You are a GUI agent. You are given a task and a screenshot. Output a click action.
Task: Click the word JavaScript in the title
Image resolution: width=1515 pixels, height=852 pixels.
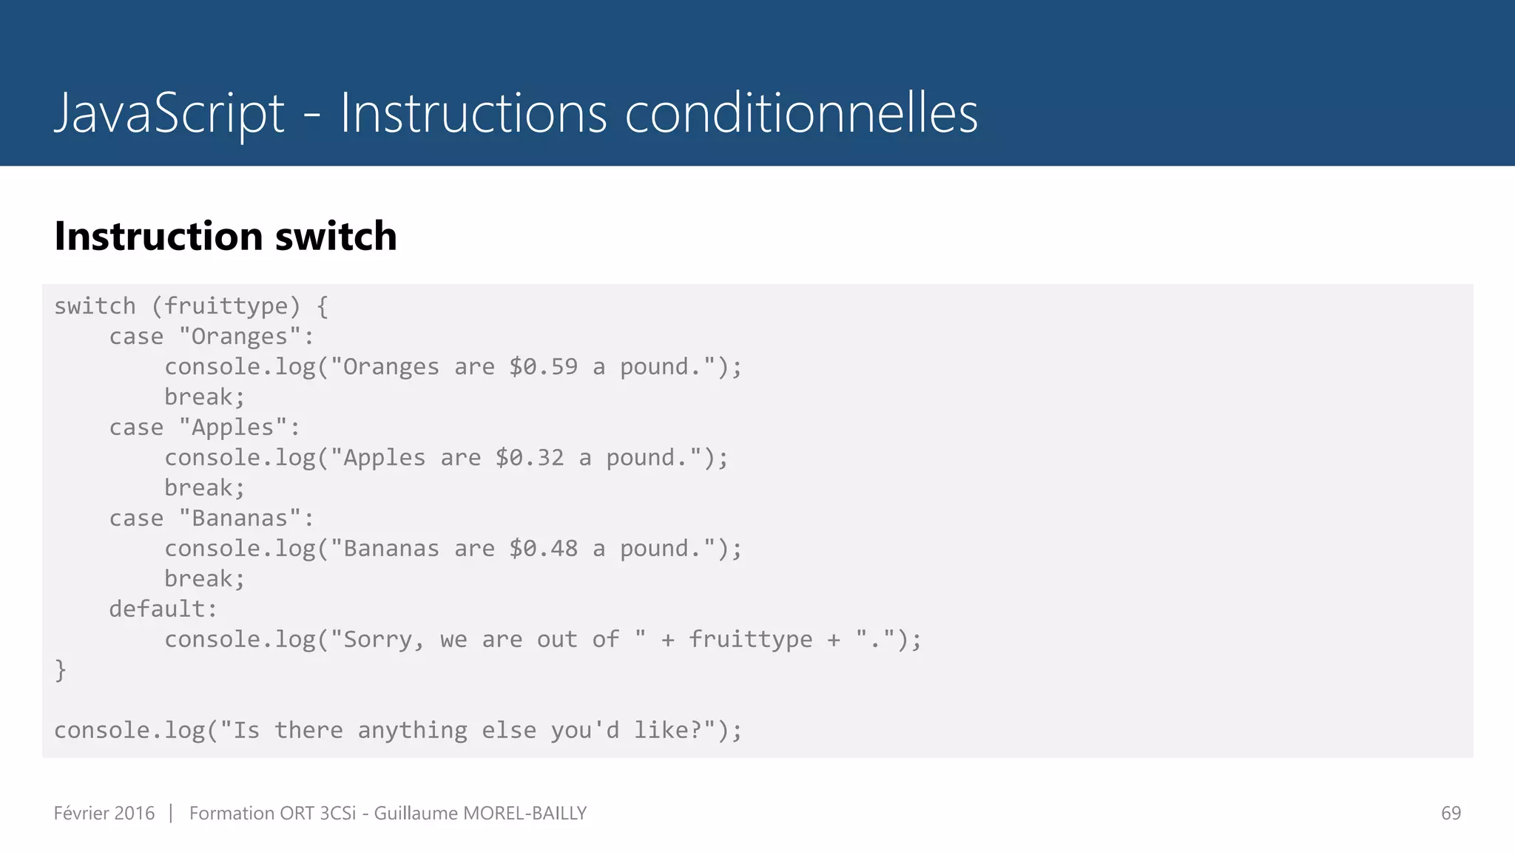(169, 114)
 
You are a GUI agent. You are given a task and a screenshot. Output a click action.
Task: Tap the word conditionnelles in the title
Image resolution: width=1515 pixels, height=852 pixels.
(801, 114)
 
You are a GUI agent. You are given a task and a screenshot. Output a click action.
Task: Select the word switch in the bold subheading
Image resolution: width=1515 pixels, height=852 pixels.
(336, 237)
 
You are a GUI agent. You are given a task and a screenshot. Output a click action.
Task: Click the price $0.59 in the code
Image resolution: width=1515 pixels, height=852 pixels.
(543, 367)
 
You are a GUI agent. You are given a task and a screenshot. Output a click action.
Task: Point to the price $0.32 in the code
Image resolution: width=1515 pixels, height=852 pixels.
(529, 458)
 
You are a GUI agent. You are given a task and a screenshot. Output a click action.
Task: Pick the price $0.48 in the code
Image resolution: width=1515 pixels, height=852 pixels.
(543, 549)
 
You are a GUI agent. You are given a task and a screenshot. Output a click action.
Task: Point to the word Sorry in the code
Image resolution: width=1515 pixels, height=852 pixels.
(377, 640)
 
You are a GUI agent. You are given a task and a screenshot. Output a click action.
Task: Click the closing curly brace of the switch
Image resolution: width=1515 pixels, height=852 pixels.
(61, 670)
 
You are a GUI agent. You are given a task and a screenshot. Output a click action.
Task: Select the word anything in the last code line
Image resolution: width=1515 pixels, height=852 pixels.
(412, 731)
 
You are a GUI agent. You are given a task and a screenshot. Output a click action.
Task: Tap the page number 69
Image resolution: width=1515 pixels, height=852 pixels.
(1451, 814)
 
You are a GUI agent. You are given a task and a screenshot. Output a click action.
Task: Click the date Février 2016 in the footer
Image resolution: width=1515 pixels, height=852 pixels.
(104, 814)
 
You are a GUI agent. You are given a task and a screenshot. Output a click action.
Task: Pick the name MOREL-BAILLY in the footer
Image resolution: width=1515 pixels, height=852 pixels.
(524, 814)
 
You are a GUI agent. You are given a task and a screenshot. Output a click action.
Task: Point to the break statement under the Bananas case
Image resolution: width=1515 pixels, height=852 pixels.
(204, 579)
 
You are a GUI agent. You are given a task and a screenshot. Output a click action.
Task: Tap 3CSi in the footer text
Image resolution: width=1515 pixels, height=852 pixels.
(337, 814)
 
